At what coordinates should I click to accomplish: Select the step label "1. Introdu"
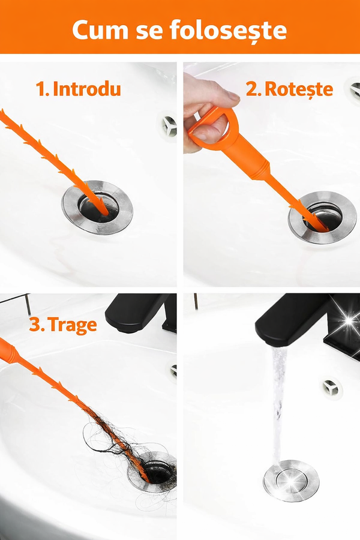point(79,89)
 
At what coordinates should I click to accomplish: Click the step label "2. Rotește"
point(290,89)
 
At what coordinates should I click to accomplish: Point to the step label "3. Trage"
point(63,325)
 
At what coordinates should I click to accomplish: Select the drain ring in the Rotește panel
point(322,217)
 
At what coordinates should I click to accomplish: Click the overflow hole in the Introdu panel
point(169,126)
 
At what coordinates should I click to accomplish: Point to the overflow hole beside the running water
point(331,388)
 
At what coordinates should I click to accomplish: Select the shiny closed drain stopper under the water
point(291,481)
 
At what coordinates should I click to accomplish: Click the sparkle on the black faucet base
point(349,321)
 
